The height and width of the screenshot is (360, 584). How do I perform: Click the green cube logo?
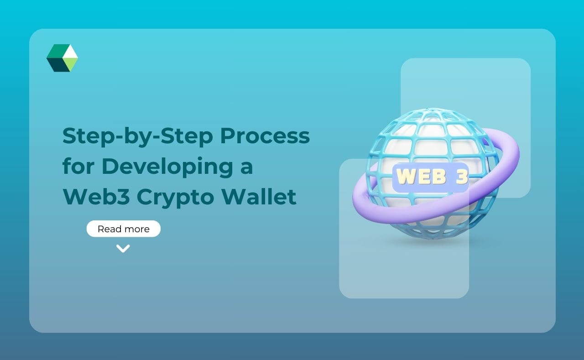[62, 58]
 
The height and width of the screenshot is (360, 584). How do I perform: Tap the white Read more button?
[123, 229]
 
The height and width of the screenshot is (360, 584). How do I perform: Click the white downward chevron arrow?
[123, 248]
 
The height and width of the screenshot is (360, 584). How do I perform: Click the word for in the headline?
[77, 167]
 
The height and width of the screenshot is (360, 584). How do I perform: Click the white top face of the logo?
[70, 52]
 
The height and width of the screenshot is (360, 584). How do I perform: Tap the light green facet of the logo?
[71, 64]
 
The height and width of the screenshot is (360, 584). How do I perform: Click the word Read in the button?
[109, 229]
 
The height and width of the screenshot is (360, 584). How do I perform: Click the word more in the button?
[137, 229]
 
